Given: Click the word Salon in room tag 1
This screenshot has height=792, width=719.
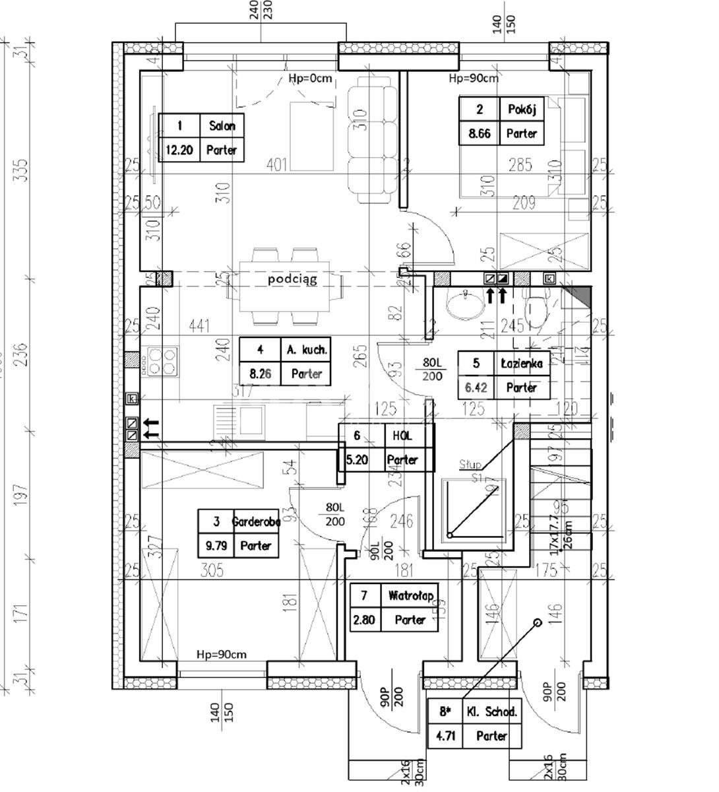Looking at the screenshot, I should [x=221, y=125].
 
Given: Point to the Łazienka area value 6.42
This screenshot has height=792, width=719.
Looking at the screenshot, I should [x=476, y=387].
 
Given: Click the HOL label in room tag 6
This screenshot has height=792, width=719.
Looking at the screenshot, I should [x=402, y=436].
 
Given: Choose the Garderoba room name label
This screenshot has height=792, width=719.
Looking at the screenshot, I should [x=256, y=521].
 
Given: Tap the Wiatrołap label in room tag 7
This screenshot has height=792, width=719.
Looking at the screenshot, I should [x=410, y=596].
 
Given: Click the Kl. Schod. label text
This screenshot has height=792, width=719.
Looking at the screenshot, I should [x=491, y=711].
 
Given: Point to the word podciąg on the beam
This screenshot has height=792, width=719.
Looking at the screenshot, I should [x=292, y=279].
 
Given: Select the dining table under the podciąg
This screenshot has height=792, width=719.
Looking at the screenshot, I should [x=284, y=288].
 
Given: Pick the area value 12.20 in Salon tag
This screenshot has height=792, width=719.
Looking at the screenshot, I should [x=178, y=150].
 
